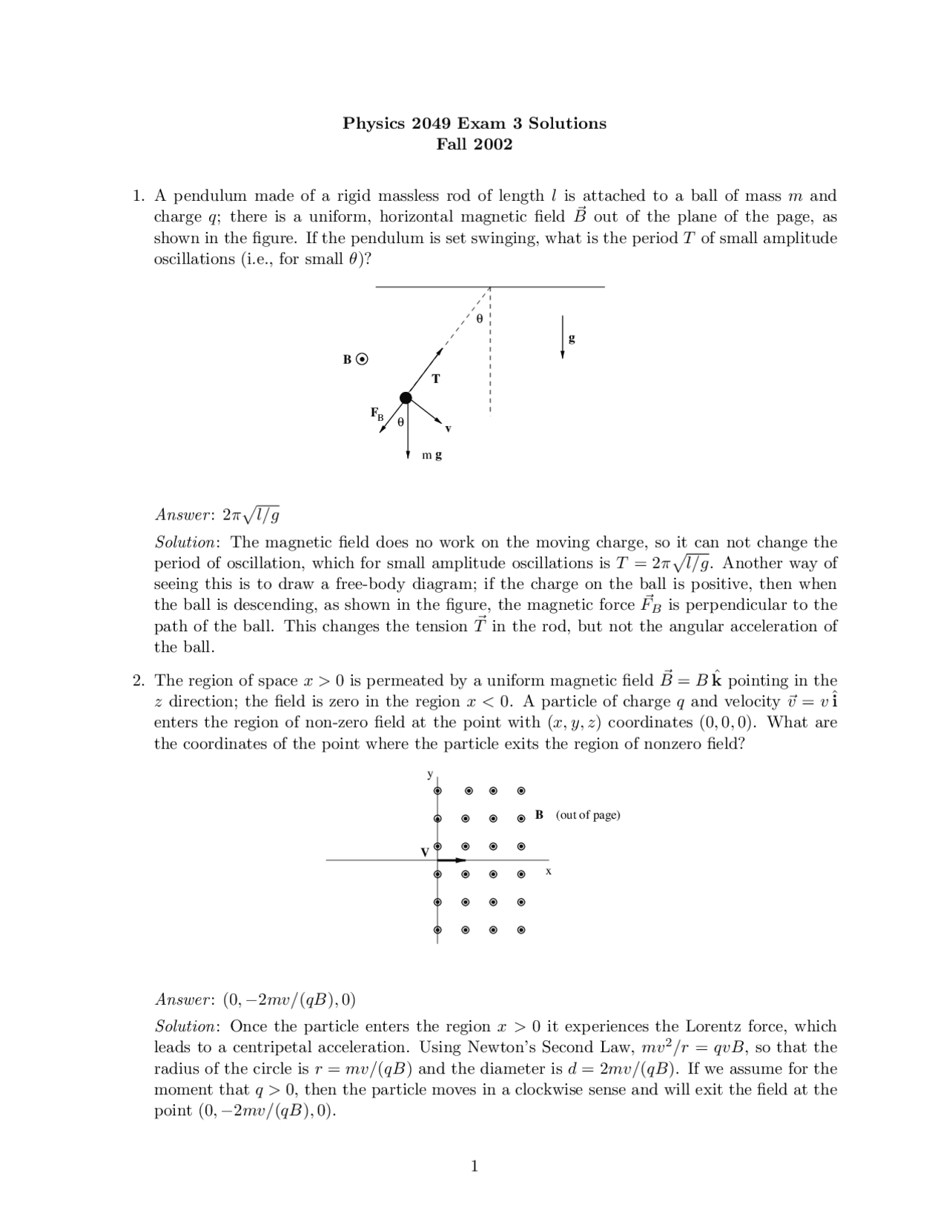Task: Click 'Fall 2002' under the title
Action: [x=474, y=144]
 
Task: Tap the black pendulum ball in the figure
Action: [x=406, y=398]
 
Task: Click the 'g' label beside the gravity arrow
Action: [x=572, y=339]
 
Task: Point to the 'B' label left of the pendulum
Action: [x=347, y=359]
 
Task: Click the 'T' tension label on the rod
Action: [x=436, y=379]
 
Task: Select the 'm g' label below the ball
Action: [x=431, y=455]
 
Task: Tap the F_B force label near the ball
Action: [x=377, y=413]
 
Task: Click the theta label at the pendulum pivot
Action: [x=479, y=319]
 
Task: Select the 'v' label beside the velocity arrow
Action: [x=448, y=429]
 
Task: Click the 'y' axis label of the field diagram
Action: [x=429, y=774]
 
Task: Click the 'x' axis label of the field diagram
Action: [x=549, y=871]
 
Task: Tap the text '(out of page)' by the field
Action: [x=588, y=815]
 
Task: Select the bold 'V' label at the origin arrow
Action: [x=425, y=852]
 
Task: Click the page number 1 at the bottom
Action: [x=474, y=1167]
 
